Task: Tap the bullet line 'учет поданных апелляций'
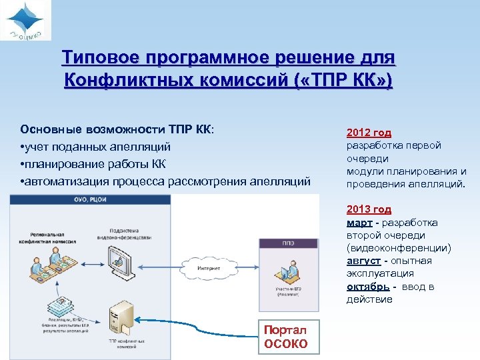[97, 146]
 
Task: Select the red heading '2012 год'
[369, 133]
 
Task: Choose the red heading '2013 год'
[369, 209]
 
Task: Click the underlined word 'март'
[359, 223]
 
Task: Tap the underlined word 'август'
[363, 261]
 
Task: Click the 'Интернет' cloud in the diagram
[209, 268]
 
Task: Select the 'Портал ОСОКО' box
[286, 337]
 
